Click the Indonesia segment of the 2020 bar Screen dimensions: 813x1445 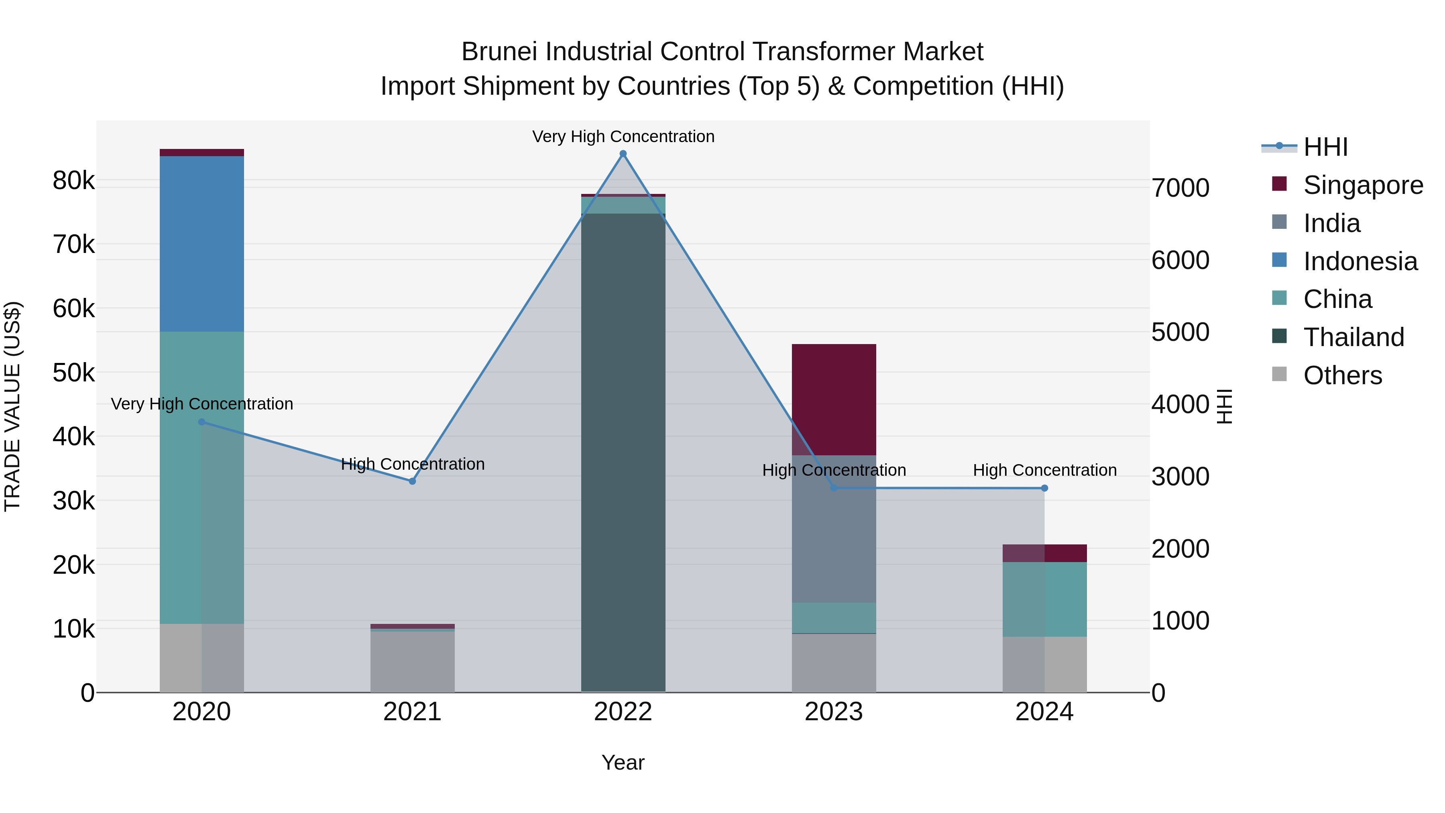(x=201, y=244)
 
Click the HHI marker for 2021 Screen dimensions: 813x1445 (x=412, y=481)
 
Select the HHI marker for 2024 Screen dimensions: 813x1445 (x=1044, y=488)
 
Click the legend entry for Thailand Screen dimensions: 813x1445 (x=1353, y=337)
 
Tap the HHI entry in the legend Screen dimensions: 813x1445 (x=1325, y=147)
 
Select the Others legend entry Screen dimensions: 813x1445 (x=1342, y=375)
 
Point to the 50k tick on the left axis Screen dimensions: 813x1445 (x=73, y=373)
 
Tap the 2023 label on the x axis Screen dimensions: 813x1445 (x=834, y=712)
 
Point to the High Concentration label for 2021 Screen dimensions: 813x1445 (x=412, y=464)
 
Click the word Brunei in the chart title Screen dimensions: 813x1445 (x=499, y=52)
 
